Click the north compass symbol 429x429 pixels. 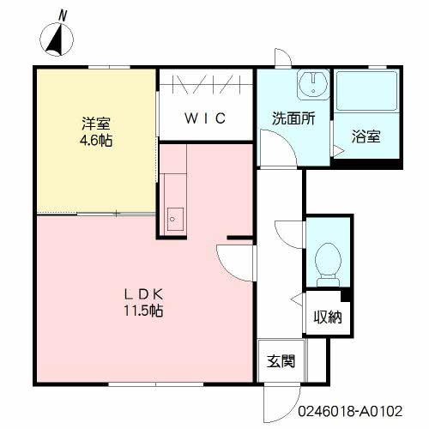pos(57,39)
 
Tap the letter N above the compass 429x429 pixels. pos(63,15)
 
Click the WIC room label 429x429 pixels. pos(205,118)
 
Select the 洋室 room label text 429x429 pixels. pos(96,124)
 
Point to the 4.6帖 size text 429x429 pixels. pos(96,140)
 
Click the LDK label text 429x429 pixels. pos(143,294)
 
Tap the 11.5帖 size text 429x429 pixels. pos(143,311)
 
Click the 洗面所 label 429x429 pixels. pos(293,118)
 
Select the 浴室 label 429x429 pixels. pos(366,136)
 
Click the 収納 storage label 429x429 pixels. pos(328,317)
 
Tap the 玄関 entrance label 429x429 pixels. pos(281,361)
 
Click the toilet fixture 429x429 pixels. pos(328,264)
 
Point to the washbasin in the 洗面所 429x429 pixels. pos(313,83)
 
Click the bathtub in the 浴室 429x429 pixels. pos(366,91)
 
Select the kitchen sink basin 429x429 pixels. pos(175,220)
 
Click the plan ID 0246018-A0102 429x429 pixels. pos(350,411)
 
